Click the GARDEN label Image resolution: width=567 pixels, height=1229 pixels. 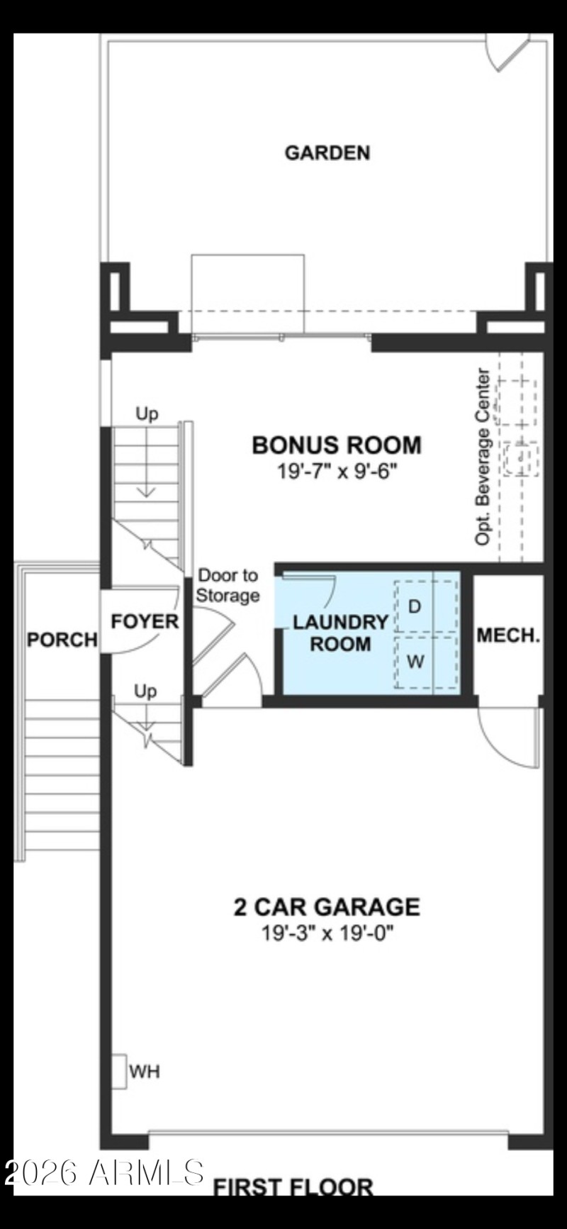point(327,152)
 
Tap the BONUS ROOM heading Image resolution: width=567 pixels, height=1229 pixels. point(337,445)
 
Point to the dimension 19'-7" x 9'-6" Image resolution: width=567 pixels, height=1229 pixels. point(337,471)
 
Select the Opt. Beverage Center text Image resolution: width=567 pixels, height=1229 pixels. point(483,457)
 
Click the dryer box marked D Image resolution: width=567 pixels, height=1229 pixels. point(416,606)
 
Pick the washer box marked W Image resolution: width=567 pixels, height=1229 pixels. point(416,662)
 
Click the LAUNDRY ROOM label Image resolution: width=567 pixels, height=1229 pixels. point(340,633)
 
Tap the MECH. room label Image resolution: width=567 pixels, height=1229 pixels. point(508,635)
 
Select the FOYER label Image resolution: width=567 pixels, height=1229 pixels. point(145,621)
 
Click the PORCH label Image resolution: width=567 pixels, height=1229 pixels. point(62,640)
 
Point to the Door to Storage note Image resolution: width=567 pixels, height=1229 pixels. point(228,585)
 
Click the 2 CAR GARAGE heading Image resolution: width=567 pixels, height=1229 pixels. point(327,906)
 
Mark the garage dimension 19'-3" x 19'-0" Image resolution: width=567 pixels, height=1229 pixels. point(327,933)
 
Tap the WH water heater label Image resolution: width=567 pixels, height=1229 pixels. point(145,1072)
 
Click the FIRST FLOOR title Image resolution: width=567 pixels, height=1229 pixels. point(293,1186)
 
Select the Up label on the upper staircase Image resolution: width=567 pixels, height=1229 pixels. point(147,413)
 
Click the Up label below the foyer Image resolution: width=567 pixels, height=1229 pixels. point(145,691)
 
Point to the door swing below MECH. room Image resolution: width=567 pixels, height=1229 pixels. point(509,738)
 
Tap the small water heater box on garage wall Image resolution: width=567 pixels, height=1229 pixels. point(118,1071)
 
